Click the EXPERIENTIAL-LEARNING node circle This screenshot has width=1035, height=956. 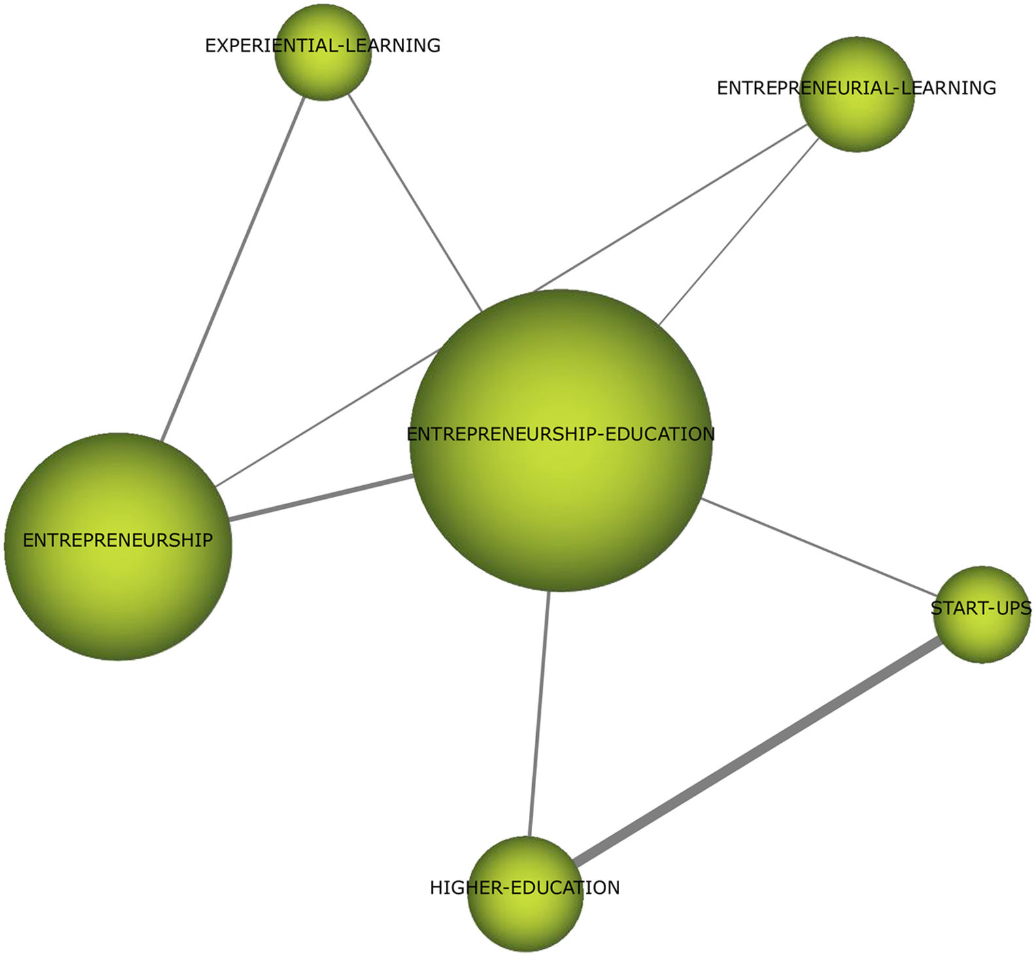coord(323,72)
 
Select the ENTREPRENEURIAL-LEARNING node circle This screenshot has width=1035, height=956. coord(857,121)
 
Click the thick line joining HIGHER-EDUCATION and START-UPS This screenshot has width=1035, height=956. coord(755,751)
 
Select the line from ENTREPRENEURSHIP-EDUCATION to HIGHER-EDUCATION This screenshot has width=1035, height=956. coord(539,713)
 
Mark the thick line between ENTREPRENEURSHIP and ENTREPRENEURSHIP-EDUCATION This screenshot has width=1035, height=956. coord(320,498)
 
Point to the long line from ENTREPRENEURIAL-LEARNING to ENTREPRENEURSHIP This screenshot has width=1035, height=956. coord(667,209)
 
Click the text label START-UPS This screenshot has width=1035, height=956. coord(981,608)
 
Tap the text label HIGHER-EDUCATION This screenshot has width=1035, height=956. coord(524,887)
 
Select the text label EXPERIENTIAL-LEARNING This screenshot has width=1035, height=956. coord(322,45)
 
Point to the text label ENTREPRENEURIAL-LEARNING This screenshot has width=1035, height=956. coord(856,88)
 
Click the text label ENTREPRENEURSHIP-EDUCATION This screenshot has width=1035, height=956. coord(560,434)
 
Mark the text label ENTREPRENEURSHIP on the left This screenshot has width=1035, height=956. coord(118,540)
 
